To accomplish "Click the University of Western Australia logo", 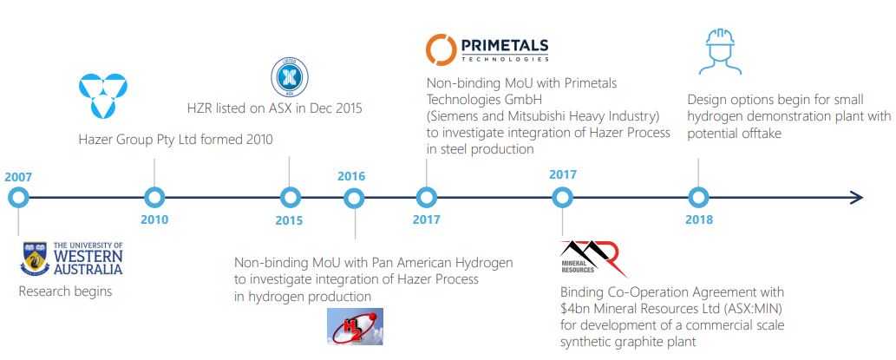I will (72, 259).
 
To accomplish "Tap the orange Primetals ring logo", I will (441, 49).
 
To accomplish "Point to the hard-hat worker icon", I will (720, 52).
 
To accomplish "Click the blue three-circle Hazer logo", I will (102, 95).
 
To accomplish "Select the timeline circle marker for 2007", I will (17, 198).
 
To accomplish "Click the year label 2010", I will (154, 220).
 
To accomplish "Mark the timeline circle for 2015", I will (290, 198).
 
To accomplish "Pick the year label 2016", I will (351, 176).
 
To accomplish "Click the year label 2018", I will (698, 220).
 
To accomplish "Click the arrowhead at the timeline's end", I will (856, 198).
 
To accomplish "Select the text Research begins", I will (65, 291).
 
